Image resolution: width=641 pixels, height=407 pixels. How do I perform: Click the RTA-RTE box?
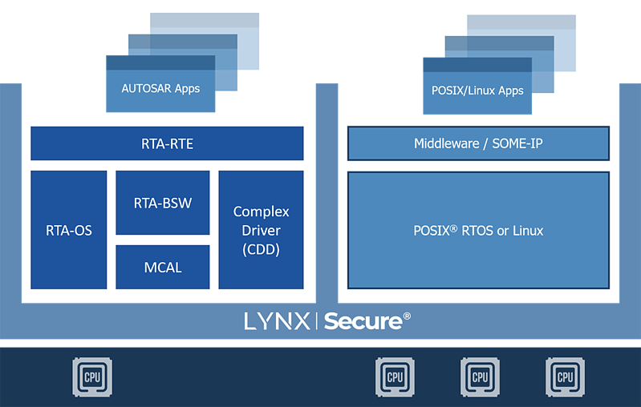coord(167,144)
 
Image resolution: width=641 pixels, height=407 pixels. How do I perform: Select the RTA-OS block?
coord(68,231)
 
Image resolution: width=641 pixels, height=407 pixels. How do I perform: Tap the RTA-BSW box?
coord(163,203)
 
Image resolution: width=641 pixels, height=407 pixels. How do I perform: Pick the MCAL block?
coord(163,267)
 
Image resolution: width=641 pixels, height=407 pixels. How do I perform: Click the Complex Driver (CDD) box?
coord(261,231)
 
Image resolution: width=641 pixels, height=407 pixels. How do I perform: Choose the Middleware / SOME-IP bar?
coord(477,144)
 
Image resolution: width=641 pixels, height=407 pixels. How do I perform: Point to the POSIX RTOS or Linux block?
coord(477,231)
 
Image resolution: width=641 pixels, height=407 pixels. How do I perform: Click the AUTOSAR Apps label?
coord(160,88)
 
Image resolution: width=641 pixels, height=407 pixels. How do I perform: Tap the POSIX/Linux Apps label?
coord(477,91)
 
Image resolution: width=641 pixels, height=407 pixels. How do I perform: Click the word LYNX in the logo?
coord(277,321)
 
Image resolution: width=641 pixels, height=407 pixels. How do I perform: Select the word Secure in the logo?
coord(363,321)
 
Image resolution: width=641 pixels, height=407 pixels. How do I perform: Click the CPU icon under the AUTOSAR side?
coord(92,377)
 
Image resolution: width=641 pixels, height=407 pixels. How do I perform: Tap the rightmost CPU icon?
coord(565,377)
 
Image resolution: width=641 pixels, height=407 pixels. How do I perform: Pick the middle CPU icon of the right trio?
coord(480,377)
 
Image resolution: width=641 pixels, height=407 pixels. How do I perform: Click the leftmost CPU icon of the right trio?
coord(395,377)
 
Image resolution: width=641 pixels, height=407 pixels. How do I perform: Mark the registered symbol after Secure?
coord(407,316)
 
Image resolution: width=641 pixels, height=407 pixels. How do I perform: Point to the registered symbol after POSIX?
coord(454,227)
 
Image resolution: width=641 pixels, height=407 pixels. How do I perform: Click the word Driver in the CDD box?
coord(261,231)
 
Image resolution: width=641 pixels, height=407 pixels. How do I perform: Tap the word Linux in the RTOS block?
coord(526,231)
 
